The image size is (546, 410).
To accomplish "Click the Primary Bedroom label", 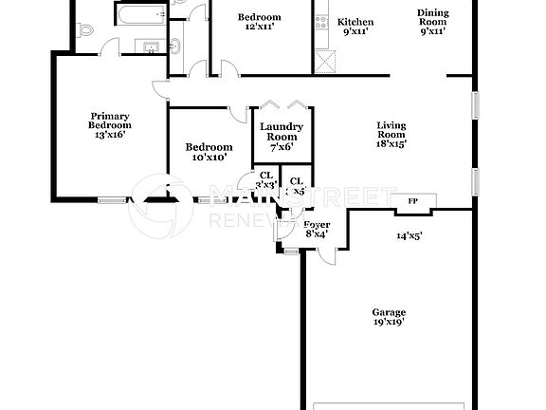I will coord(109,120).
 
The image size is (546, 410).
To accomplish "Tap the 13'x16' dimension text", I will coord(109,135).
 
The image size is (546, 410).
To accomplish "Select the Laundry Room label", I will coord(282,132).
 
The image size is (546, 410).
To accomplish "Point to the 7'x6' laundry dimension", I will coord(282,147).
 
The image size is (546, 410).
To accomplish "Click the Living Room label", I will coord(391,130).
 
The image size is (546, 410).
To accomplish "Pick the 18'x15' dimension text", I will coord(391,144).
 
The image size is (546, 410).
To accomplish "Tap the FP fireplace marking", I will coord(412,202).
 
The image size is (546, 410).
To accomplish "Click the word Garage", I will coord(389,312).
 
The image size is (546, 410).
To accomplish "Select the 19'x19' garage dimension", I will coord(389,324).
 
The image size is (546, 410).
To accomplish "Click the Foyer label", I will coord(317,225).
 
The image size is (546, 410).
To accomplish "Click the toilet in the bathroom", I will coord(85,28).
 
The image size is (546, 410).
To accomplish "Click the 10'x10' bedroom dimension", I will coord(209,158).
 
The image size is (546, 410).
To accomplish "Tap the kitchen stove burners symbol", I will coord(321,20).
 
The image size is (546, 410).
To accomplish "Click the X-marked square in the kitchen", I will coord(326,61).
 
